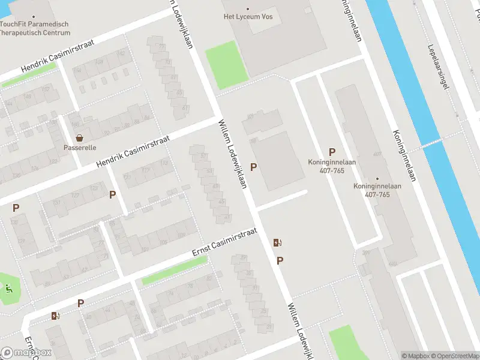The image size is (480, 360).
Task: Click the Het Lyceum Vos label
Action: pyautogui.click(x=247, y=17)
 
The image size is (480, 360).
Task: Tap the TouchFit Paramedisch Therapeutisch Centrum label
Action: pyautogui.click(x=35, y=28)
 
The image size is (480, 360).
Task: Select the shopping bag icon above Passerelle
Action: pyautogui.click(x=80, y=138)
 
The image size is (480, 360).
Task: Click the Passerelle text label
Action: pyautogui.click(x=80, y=148)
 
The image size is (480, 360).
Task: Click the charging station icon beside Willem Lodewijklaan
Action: pyautogui.click(x=278, y=243)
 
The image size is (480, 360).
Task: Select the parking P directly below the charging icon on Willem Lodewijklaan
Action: pyautogui.click(x=280, y=260)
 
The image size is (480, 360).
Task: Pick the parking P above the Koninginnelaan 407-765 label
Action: pyautogui.click(x=331, y=152)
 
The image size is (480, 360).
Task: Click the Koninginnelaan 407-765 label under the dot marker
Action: pyautogui.click(x=377, y=190)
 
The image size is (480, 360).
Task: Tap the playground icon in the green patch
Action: pyautogui.click(x=8, y=287)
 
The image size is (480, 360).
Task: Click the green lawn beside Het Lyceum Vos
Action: pyautogui.click(x=226, y=64)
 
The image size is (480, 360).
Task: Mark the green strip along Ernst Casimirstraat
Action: pyautogui.click(x=174, y=271)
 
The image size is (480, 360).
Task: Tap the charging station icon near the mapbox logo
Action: pyautogui.click(x=56, y=316)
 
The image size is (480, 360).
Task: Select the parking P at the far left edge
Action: pyautogui.click(x=16, y=208)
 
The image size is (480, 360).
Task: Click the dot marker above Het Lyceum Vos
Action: pyautogui.click(x=247, y=8)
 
